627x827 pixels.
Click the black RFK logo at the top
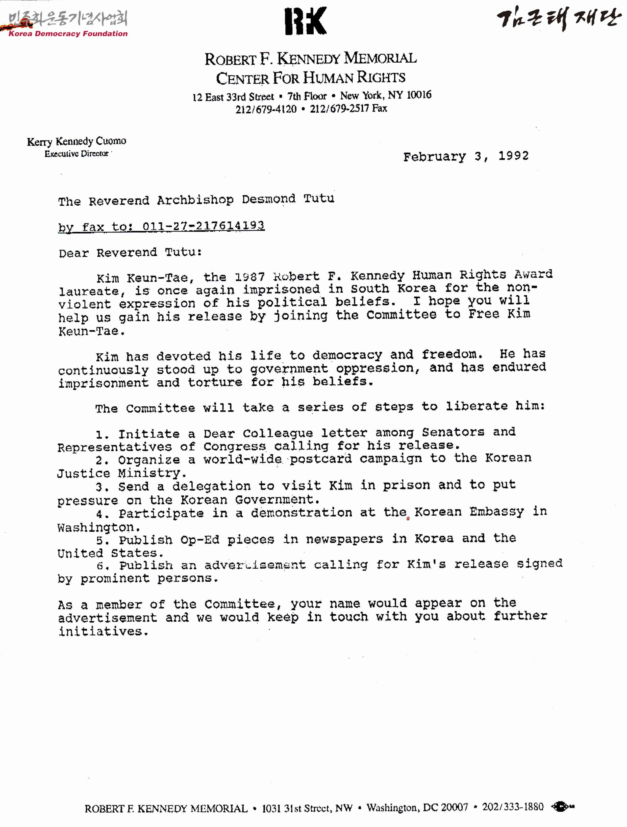[x=305, y=21]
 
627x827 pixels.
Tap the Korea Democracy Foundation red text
[x=68, y=34]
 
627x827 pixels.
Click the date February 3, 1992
[x=466, y=156]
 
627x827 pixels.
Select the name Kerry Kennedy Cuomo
[x=77, y=141]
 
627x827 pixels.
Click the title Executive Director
[x=77, y=154]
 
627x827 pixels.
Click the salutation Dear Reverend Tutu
[x=130, y=253]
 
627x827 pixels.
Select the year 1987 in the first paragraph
[x=250, y=277]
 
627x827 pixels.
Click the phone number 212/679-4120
[x=266, y=109]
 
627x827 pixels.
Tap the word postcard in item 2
[x=321, y=459]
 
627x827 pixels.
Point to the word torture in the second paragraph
[x=214, y=382]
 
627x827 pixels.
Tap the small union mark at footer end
[x=562, y=807]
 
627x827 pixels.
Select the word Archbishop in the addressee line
[x=195, y=200]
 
